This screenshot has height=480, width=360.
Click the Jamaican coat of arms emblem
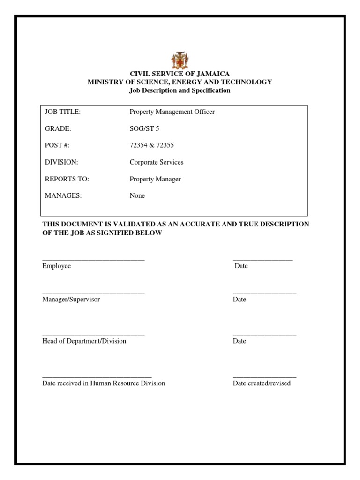180,60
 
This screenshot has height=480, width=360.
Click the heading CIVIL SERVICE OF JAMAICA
180,74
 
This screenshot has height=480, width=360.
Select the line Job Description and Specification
180,90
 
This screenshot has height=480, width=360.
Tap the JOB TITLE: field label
63,112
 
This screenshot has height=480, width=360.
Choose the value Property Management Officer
172,112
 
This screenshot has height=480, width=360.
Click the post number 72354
138,145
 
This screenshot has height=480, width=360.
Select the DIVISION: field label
61,162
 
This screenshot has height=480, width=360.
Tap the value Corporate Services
157,162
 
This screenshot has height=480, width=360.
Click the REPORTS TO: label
67,179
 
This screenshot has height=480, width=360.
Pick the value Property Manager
155,179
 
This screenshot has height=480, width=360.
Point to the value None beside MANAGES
137,196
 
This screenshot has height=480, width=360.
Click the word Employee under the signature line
56,266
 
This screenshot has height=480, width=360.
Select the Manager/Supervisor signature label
71,299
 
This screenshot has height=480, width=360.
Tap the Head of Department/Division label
84,341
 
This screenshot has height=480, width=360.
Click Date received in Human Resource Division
104,383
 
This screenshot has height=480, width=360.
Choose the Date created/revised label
262,383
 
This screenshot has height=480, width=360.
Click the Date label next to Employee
241,266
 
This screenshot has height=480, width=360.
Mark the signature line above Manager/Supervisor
93,293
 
